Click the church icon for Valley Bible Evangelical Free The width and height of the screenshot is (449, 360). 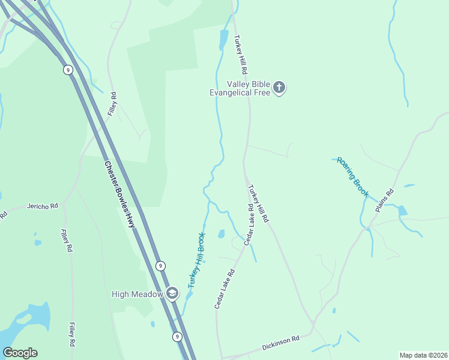279,88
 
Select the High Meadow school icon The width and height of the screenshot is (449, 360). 172,293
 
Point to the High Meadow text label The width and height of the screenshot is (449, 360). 137,293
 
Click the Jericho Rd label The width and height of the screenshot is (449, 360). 43,206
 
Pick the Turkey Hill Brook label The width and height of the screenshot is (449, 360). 197,260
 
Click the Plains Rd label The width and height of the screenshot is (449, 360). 385,201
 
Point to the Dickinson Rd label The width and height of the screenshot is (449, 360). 280,344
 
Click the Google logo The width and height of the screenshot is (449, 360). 20,353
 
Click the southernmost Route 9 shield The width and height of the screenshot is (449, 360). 177,337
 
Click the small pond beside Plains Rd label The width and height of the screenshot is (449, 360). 402,211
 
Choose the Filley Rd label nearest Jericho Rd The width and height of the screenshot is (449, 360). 67,240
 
